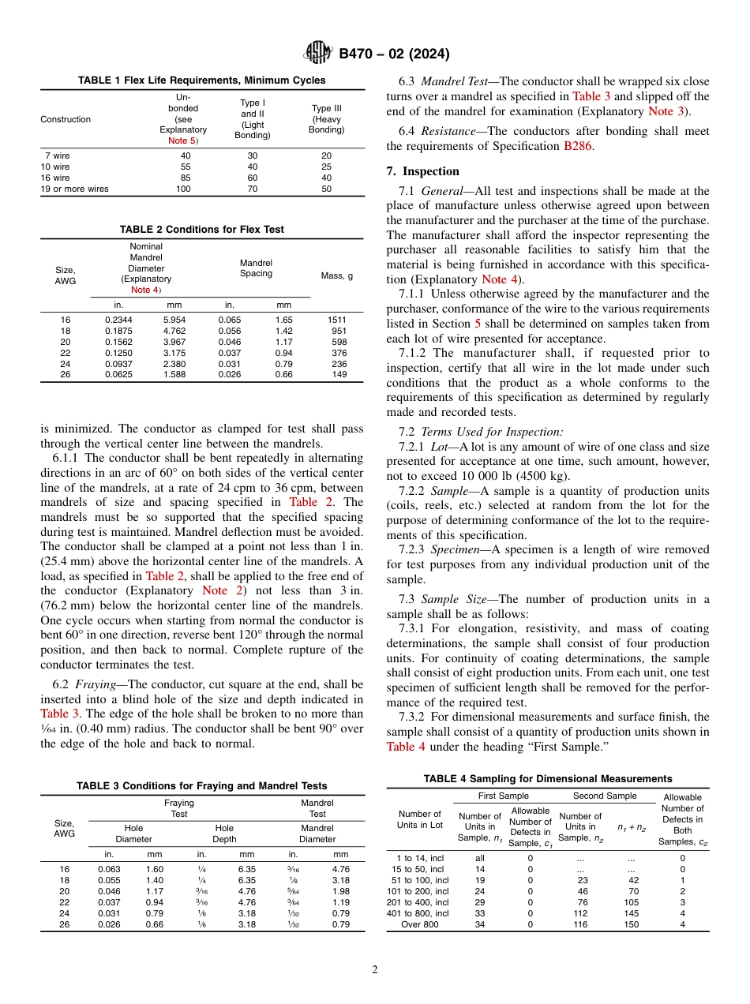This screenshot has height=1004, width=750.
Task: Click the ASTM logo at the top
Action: point(318,54)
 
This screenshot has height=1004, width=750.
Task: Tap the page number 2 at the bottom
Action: point(375,969)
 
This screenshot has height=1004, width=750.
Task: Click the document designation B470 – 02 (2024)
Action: point(394,54)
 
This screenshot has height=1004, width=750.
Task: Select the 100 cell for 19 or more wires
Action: point(183,189)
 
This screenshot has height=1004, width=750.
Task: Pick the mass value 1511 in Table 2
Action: point(337,319)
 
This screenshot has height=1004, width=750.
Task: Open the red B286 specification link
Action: point(577,146)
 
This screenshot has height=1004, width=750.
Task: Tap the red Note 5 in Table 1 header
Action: point(183,140)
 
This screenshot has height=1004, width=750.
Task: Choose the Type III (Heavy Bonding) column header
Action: point(326,119)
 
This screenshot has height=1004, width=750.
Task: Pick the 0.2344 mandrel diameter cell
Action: point(118,319)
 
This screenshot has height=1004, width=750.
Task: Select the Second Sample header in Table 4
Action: point(604,796)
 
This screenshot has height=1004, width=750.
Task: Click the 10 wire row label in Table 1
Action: point(55,167)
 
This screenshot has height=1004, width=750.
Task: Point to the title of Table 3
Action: point(201,786)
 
